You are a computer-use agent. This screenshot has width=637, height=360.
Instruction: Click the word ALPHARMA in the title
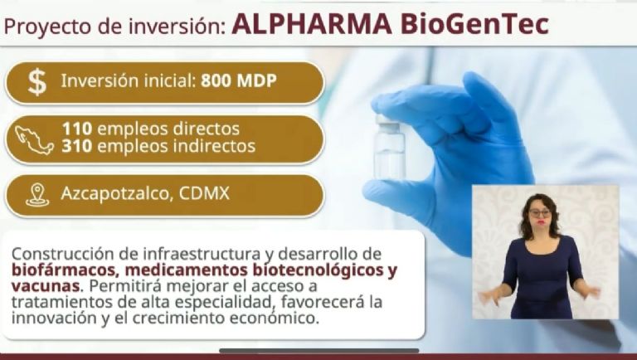click(x=312, y=24)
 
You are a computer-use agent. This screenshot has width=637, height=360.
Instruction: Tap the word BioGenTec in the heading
click(x=474, y=24)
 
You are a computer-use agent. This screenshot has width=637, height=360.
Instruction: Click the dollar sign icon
click(x=37, y=82)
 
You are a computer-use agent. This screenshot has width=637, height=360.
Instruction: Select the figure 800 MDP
click(x=239, y=80)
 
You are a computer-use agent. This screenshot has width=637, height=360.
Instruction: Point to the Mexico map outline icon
click(x=34, y=140)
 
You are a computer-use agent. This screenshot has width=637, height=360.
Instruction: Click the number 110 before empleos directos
click(x=77, y=129)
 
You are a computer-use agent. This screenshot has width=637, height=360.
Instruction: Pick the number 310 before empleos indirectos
click(x=77, y=146)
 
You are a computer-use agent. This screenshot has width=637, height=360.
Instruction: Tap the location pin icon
click(x=37, y=195)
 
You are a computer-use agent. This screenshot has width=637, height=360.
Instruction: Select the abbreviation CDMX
click(x=204, y=193)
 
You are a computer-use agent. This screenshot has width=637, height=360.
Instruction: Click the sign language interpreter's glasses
click(x=540, y=213)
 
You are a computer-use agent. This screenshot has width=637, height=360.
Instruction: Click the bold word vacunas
click(x=45, y=286)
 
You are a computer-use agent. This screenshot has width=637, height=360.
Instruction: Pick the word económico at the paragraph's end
click(x=274, y=319)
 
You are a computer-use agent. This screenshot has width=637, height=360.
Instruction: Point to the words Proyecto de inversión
click(x=114, y=27)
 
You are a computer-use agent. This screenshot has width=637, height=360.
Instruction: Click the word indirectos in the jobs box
click(x=215, y=146)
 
